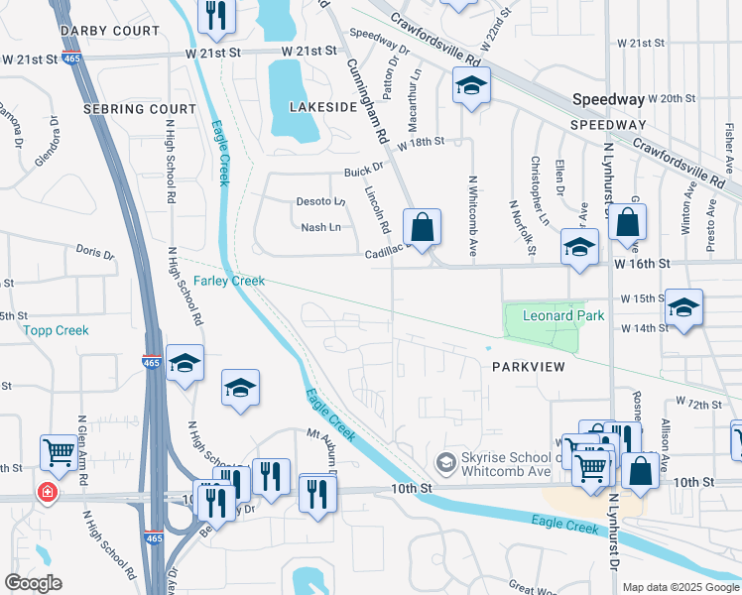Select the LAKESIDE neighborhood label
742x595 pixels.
point(321,105)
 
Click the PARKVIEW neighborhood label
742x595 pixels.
point(528,367)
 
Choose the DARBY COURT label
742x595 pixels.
point(97,31)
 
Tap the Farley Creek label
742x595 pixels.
point(229,282)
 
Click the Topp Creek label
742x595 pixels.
point(57,330)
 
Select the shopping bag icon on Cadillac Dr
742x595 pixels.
point(422,226)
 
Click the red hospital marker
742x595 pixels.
point(46,491)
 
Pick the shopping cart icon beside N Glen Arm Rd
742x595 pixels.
point(60,452)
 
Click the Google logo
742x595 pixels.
point(34,583)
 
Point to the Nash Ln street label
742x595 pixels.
point(320,228)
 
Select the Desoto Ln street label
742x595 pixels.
point(319,201)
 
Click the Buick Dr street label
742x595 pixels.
point(363,171)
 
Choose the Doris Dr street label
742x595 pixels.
point(95,253)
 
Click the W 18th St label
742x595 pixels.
point(420,144)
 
